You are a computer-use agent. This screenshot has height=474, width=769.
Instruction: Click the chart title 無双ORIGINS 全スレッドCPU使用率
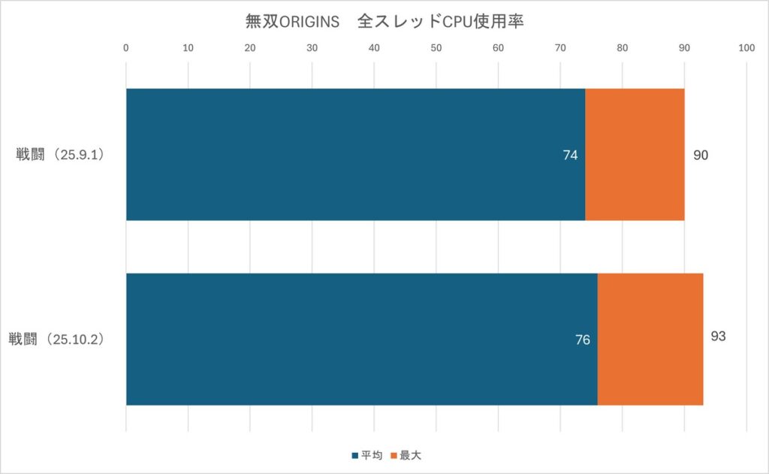pyautogui.click(x=384, y=21)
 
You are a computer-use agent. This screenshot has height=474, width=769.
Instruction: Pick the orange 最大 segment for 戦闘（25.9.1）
pyautogui.click(x=635, y=155)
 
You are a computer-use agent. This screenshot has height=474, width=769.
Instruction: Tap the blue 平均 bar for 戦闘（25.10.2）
pyautogui.click(x=361, y=340)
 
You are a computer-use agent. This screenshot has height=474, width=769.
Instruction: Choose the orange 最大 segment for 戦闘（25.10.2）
pyautogui.click(x=650, y=340)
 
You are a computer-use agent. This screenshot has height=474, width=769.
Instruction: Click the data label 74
pyautogui.click(x=571, y=155)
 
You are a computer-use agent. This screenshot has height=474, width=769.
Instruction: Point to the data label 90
pyautogui.click(x=701, y=155)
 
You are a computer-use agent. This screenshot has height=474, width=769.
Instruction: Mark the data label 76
pyautogui.click(x=583, y=340)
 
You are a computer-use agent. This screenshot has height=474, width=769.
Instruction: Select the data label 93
pyautogui.click(x=718, y=336)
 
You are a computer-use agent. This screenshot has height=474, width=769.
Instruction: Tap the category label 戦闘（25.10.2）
pyautogui.click(x=56, y=340)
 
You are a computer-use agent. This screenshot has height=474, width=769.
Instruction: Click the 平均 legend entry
pyautogui.click(x=367, y=455)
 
